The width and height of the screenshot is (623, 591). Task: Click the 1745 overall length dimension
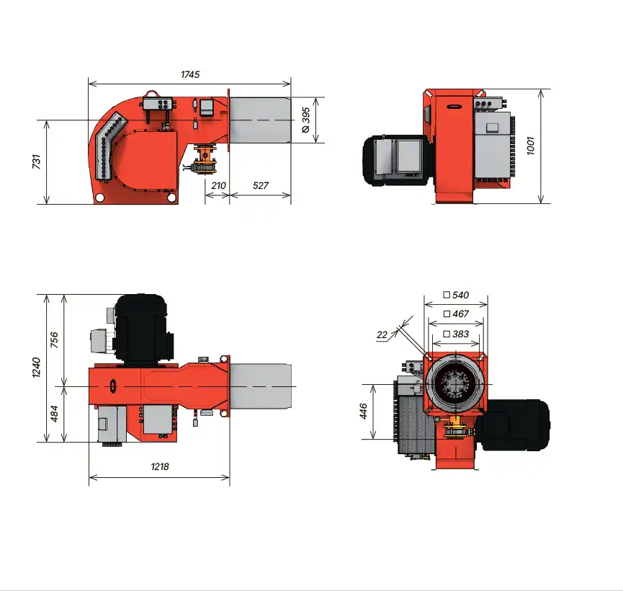click(190, 74)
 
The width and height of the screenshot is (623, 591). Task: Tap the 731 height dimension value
click(37, 161)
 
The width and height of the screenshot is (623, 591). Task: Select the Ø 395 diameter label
click(305, 120)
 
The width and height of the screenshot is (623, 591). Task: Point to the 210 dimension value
click(218, 185)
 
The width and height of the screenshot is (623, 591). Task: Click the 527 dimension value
click(260, 185)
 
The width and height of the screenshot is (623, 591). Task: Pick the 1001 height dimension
click(530, 146)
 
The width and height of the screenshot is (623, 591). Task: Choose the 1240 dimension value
click(37, 368)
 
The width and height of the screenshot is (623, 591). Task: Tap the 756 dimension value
click(54, 339)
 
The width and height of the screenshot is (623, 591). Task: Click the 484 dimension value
click(54, 414)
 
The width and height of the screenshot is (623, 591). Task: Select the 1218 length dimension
click(160, 466)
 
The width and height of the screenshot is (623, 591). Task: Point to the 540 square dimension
click(456, 295)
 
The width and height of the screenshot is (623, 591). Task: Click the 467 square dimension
click(456, 314)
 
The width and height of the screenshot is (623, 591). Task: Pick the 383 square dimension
click(456, 334)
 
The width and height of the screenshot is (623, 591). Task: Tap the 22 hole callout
click(382, 335)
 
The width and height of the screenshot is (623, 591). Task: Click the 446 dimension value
click(363, 412)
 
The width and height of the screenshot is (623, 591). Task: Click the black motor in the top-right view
click(397, 160)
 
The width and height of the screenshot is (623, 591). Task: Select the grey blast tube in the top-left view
click(260, 120)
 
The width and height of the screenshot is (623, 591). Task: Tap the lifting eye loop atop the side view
click(151, 94)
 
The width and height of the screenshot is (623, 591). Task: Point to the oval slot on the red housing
click(113, 386)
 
